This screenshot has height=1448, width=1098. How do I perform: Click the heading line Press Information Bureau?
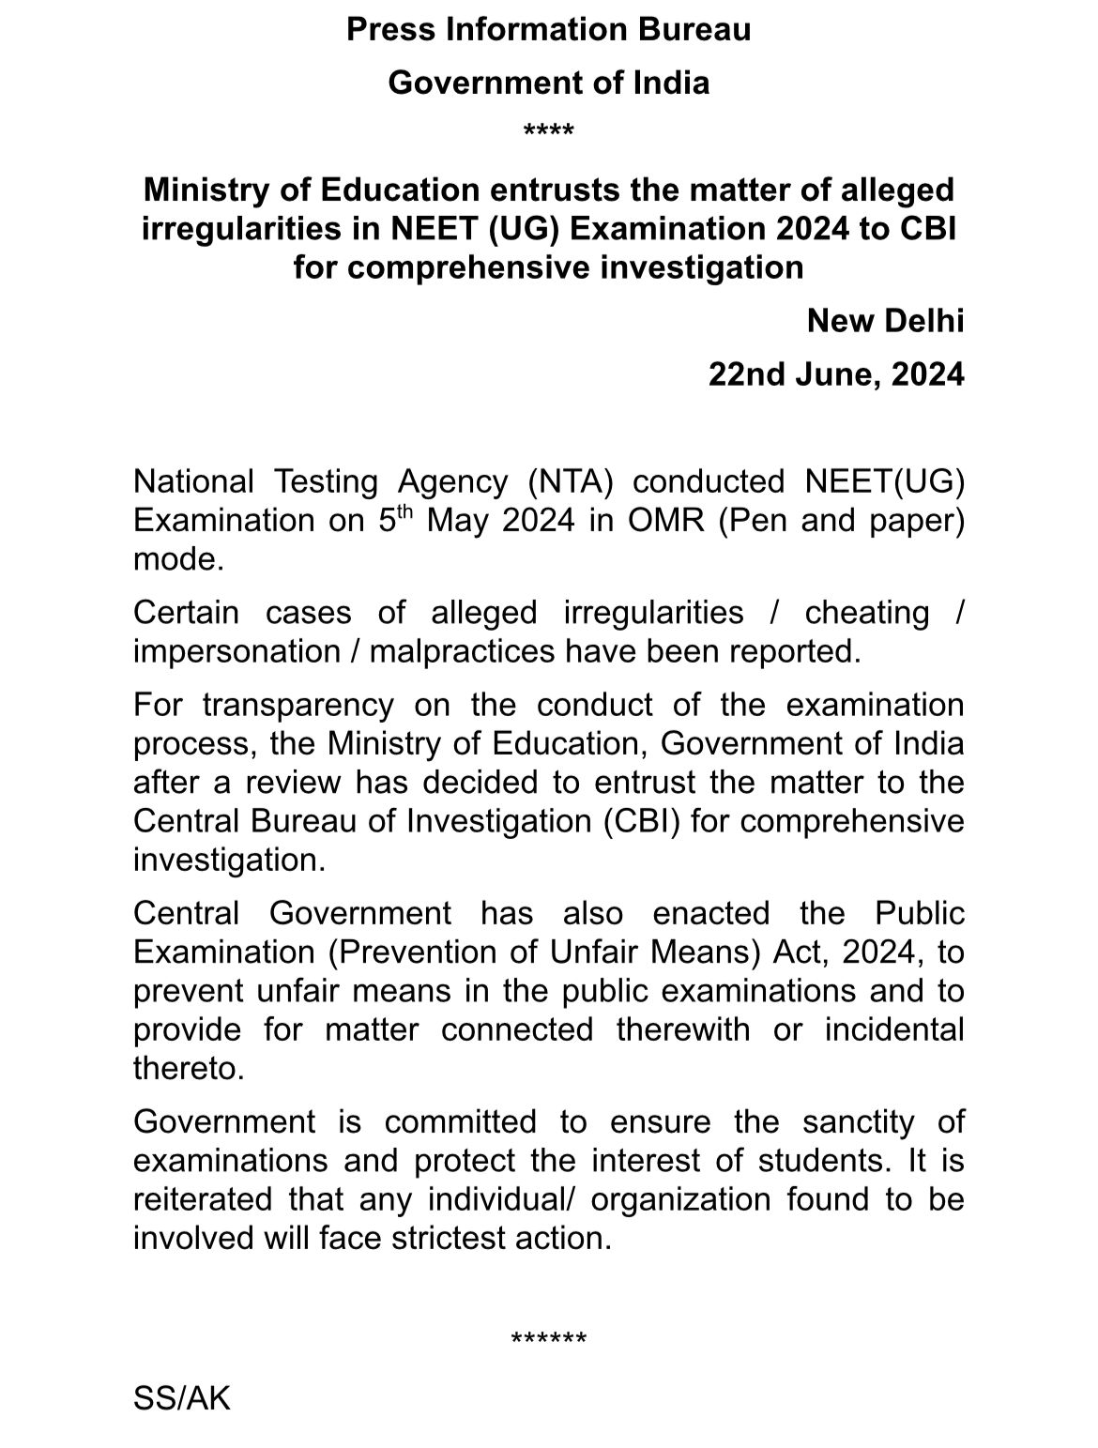coord(548,30)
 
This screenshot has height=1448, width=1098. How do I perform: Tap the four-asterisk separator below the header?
coord(548,130)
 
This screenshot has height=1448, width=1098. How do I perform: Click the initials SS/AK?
coord(181,1398)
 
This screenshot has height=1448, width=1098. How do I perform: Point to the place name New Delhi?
coord(885,321)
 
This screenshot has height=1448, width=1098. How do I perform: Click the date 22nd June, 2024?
coord(835,374)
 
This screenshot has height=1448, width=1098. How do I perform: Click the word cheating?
coord(866,612)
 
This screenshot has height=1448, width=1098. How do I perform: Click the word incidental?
coord(893,1029)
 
